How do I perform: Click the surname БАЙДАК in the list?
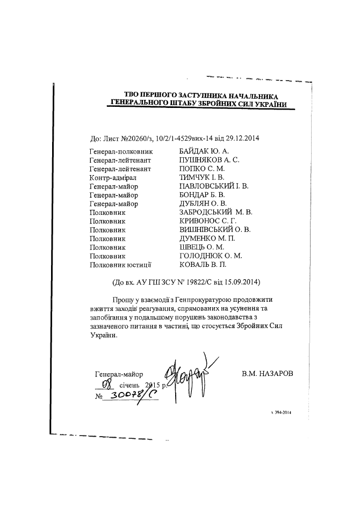(196, 152)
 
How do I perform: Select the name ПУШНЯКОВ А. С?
(210, 161)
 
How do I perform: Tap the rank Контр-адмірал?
(113, 178)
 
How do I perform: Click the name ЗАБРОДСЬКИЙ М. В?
(215, 213)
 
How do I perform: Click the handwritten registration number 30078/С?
(132, 396)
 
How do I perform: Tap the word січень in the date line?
(130, 385)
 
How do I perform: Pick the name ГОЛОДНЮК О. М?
(211, 256)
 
